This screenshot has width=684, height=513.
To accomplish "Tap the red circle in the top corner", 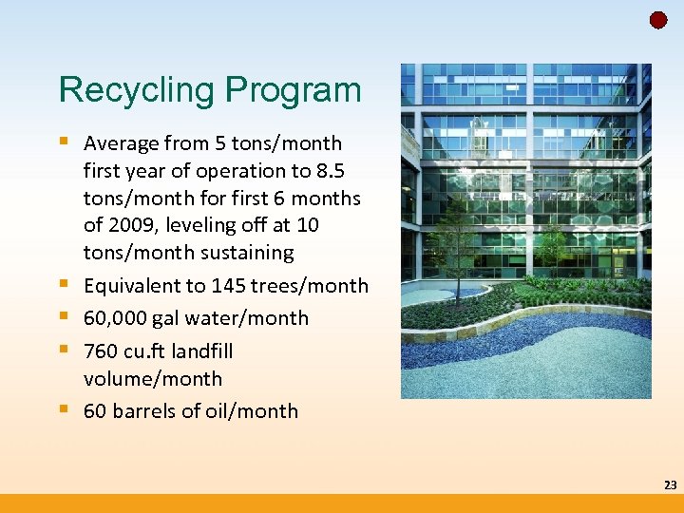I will click(x=658, y=20).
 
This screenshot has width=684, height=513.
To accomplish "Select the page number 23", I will click(x=670, y=485).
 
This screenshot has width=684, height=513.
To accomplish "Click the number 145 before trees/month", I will click(x=229, y=286).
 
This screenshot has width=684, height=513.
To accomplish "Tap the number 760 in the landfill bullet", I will click(x=101, y=351).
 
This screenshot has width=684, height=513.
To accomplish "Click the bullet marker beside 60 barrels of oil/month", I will click(x=65, y=410).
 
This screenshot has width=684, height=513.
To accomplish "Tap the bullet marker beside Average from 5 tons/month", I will click(x=65, y=142).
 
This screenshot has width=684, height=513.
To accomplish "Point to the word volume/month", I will click(x=152, y=378).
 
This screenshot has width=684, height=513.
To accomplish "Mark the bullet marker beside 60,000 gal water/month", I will click(x=65, y=317).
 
